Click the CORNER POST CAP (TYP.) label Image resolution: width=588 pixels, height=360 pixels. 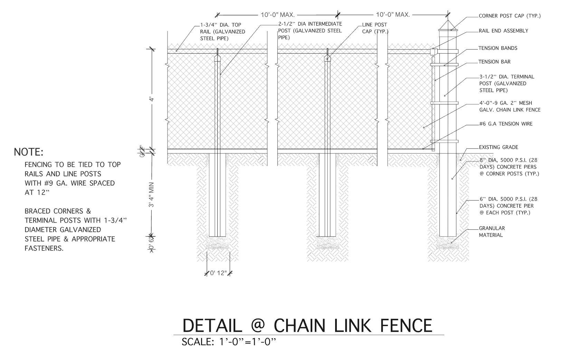click(x=509, y=16)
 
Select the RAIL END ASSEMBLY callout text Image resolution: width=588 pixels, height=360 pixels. click(x=503, y=31)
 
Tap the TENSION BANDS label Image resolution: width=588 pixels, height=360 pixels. click(x=497, y=48)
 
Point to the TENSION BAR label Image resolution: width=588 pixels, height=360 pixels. click(x=494, y=62)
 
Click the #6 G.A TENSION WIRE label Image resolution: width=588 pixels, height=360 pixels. click(x=505, y=124)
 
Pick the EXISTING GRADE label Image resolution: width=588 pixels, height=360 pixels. click(x=498, y=147)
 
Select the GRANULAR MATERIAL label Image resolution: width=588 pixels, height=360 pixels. click(x=491, y=231)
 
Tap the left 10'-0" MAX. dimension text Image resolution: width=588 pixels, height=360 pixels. click(x=277, y=15)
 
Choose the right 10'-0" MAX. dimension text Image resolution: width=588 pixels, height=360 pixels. click(x=393, y=15)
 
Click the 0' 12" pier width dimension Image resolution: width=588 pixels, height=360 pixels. click(x=218, y=273)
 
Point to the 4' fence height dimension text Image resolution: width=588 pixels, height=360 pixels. click(x=151, y=100)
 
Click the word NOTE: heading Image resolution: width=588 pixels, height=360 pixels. click(x=28, y=152)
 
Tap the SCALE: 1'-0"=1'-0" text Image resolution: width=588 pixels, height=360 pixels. click(x=229, y=342)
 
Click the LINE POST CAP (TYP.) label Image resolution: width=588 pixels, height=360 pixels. click(x=374, y=28)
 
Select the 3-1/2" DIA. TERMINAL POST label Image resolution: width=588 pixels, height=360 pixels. click(x=506, y=83)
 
